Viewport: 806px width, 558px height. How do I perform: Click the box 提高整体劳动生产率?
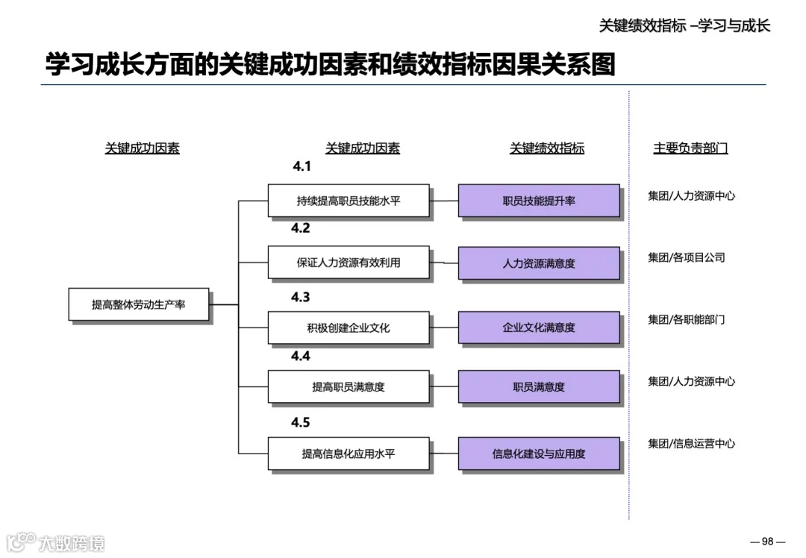tap(139, 304)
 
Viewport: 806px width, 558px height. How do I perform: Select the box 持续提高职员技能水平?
tap(349, 201)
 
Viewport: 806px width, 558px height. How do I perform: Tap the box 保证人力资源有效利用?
tap(349, 263)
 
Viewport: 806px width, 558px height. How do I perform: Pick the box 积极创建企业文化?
tap(349, 327)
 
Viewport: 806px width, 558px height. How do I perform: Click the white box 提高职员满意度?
tap(349, 386)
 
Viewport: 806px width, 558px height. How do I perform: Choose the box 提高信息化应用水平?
tap(349, 453)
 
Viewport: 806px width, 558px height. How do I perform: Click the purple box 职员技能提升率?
tap(539, 201)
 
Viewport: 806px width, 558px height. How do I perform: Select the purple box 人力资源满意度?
tap(539, 263)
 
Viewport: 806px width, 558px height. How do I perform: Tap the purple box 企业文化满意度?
tap(539, 327)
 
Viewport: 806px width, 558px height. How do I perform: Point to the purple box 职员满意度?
tap(539, 387)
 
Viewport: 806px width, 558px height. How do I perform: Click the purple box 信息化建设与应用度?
tap(539, 454)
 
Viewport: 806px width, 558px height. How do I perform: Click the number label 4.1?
tap(302, 166)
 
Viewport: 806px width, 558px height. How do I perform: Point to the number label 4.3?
tap(300, 297)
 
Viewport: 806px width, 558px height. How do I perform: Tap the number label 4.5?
tap(300, 422)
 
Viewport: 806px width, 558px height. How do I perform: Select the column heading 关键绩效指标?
tap(547, 148)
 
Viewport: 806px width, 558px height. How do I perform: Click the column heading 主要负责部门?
tap(690, 148)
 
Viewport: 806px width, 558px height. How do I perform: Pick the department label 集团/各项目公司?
tap(687, 257)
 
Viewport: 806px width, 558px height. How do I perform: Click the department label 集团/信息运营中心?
tap(691, 443)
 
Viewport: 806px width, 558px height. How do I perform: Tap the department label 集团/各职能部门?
tap(687, 319)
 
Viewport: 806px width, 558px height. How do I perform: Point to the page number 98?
tap(768, 541)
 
